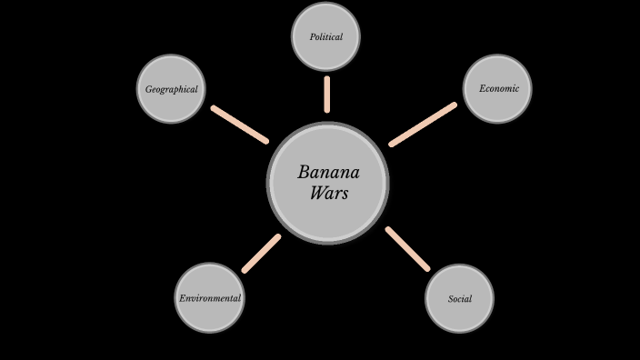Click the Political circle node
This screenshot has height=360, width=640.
click(x=325, y=36)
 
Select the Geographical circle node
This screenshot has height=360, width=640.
click(x=171, y=89)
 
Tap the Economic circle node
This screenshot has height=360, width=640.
click(x=497, y=89)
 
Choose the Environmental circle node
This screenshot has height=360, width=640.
click(x=209, y=298)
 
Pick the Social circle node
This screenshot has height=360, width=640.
click(x=459, y=299)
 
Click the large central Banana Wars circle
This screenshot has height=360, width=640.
click(x=328, y=183)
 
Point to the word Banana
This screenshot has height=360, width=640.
click(x=328, y=173)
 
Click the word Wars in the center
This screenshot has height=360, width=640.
click(x=328, y=193)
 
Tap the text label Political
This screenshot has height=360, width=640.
click(x=325, y=37)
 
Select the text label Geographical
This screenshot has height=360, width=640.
click(x=171, y=90)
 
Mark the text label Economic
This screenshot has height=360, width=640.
click(x=498, y=89)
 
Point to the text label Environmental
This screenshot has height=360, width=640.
click(x=210, y=298)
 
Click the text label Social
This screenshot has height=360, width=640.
click(x=459, y=299)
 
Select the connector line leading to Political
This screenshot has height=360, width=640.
click(x=326, y=95)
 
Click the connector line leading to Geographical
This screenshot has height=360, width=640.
click(x=240, y=125)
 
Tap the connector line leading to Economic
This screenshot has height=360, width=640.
click(x=423, y=125)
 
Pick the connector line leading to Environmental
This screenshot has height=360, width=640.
click(x=262, y=253)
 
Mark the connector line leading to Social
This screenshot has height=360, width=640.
click(x=407, y=248)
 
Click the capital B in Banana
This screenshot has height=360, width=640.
click(x=304, y=173)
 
